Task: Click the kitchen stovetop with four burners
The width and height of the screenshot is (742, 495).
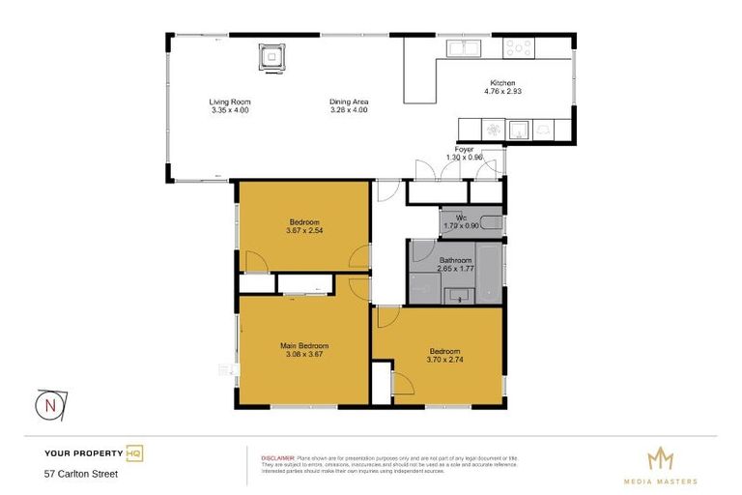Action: click(x=518, y=46)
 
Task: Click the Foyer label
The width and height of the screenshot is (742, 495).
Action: click(x=464, y=150)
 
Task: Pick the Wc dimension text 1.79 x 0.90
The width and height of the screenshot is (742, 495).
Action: click(x=460, y=226)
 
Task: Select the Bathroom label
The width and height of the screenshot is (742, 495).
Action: click(x=455, y=260)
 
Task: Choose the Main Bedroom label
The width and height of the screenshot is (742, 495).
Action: click(x=304, y=346)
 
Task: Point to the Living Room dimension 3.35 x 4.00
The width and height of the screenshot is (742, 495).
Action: click(x=229, y=109)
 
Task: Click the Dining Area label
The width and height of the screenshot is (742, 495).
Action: click(x=349, y=102)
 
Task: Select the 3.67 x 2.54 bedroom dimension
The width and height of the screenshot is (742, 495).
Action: click(x=304, y=230)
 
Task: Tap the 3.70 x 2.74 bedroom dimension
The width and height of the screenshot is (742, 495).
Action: click(x=444, y=359)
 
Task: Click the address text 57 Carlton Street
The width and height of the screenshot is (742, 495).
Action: click(x=81, y=474)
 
